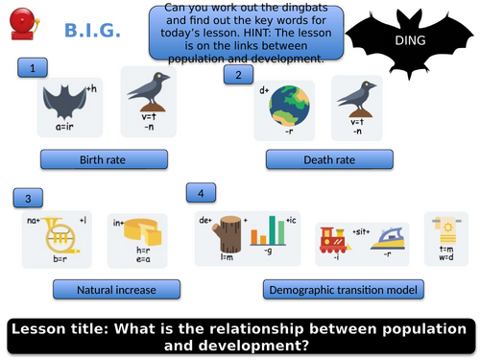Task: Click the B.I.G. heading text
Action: (x=93, y=32)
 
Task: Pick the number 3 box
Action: (x=28, y=198)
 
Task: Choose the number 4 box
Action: (x=200, y=194)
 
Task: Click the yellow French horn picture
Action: (x=61, y=235)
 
